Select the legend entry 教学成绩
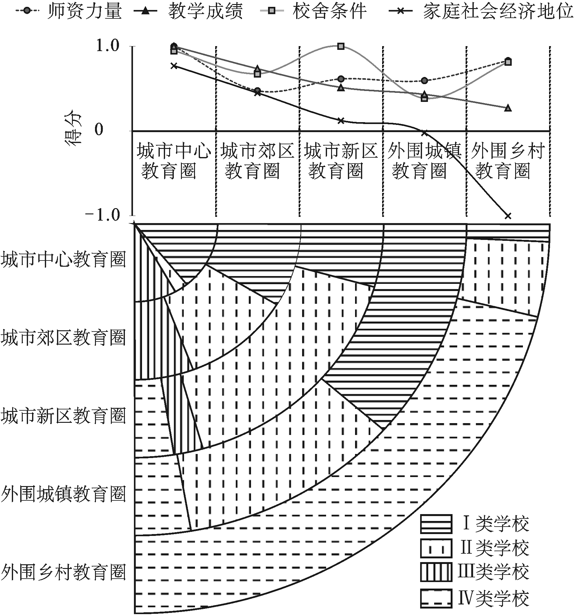coord(188,12)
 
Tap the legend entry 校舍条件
coord(313,12)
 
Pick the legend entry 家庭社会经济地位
coord(481,12)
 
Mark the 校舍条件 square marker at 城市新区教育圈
coord(341,46)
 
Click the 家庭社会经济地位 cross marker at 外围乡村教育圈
coord(508,216)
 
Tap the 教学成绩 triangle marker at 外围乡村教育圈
coord(508,108)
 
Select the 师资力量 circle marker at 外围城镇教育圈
coord(425,81)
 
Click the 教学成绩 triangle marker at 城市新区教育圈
coord(341,88)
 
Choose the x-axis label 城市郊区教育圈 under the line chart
coord(257,161)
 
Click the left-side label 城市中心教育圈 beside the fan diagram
coord(63,259)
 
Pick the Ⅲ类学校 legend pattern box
coord(436,572)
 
